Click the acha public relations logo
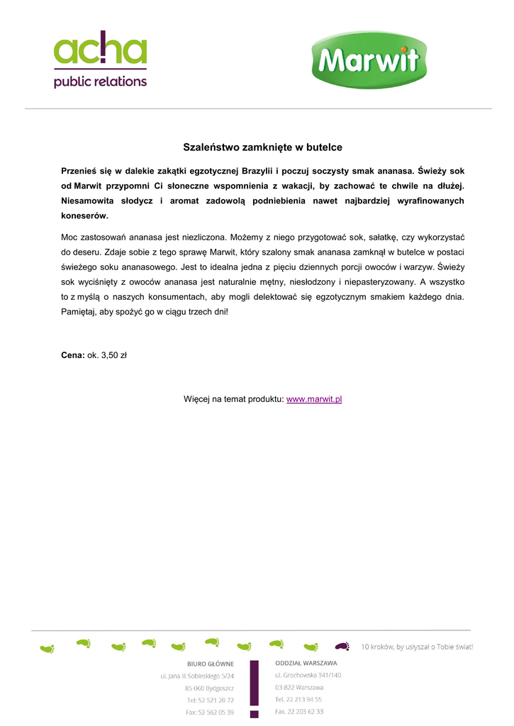coord(101,60)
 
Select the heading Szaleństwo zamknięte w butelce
coord(262,147)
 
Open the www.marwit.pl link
coord(314,399)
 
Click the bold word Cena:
coord(73,355)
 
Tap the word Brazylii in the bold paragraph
coord(260,171)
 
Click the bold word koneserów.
coord(84,216)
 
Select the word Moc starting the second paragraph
coord(69,237)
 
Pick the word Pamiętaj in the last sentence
coord(79,311)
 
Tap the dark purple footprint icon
coord(342,646)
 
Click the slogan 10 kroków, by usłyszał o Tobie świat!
coord(417,647)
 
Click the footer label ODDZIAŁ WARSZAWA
coord(306,663)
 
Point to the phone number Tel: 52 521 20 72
coord(210,700)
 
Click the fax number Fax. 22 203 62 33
coord(299,711)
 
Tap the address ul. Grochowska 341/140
coord(308,675)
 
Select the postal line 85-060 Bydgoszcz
coord(209,688)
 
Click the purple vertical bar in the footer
coord(254,688)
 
